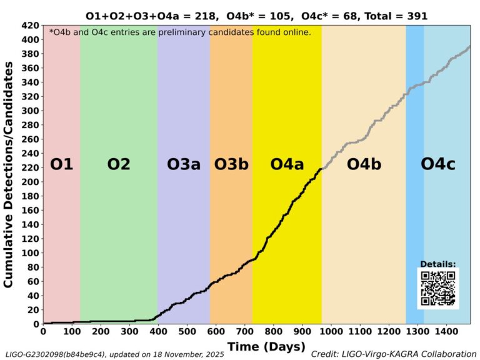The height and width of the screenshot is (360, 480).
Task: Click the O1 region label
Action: pyautogui.click(x=62, y=164)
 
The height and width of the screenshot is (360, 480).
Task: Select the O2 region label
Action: pyautogui.click(x=118, y=164)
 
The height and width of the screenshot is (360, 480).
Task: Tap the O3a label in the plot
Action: pyautogui.click(x=184, y=164)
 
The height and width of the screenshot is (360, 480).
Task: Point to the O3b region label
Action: pyautogui.click(x=231, y=164)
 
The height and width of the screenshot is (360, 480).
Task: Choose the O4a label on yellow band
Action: pyautogui.click(x=287, y=164)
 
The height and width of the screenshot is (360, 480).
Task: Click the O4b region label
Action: pyautogui.click(x=364, y=164)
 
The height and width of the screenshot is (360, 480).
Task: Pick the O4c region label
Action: pyautogui.click(x=437, y=164)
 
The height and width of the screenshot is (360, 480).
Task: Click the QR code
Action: pyautogui.click(x=438, y=288)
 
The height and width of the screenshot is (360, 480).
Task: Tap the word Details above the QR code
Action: pyautogui.click(x=437, y=264)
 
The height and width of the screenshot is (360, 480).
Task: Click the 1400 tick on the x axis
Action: pyautogui.click(x=446, y=331)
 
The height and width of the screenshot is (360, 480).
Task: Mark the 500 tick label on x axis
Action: pyautogui.click(x=186, y=331)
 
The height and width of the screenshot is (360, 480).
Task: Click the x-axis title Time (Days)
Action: pyautogui.click(x=266, y=346)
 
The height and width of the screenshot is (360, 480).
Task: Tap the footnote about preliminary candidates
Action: pyautogui.click(x=180, y=32)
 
